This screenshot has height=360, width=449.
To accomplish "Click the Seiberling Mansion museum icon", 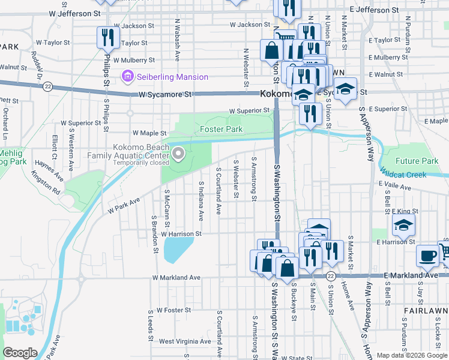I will coord(127,77).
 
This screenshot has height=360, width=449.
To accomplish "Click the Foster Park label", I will coord(221,129).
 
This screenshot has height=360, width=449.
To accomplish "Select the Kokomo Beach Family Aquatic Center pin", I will coord(178,155).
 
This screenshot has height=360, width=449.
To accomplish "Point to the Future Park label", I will coord(417,161).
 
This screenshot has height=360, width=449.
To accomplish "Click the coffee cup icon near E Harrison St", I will coord(427,255).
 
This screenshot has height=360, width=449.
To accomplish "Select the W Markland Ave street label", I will coord(176,278).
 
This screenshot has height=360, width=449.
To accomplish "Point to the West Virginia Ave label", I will coord(185,341).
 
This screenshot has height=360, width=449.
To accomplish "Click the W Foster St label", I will coord(173,310).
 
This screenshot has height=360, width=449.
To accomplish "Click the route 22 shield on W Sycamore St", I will coord(48,86).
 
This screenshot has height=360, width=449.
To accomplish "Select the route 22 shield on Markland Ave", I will coord(331,276).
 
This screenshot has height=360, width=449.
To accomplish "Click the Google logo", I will coord(20,353).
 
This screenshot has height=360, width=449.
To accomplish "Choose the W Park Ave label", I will coord(124,205).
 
